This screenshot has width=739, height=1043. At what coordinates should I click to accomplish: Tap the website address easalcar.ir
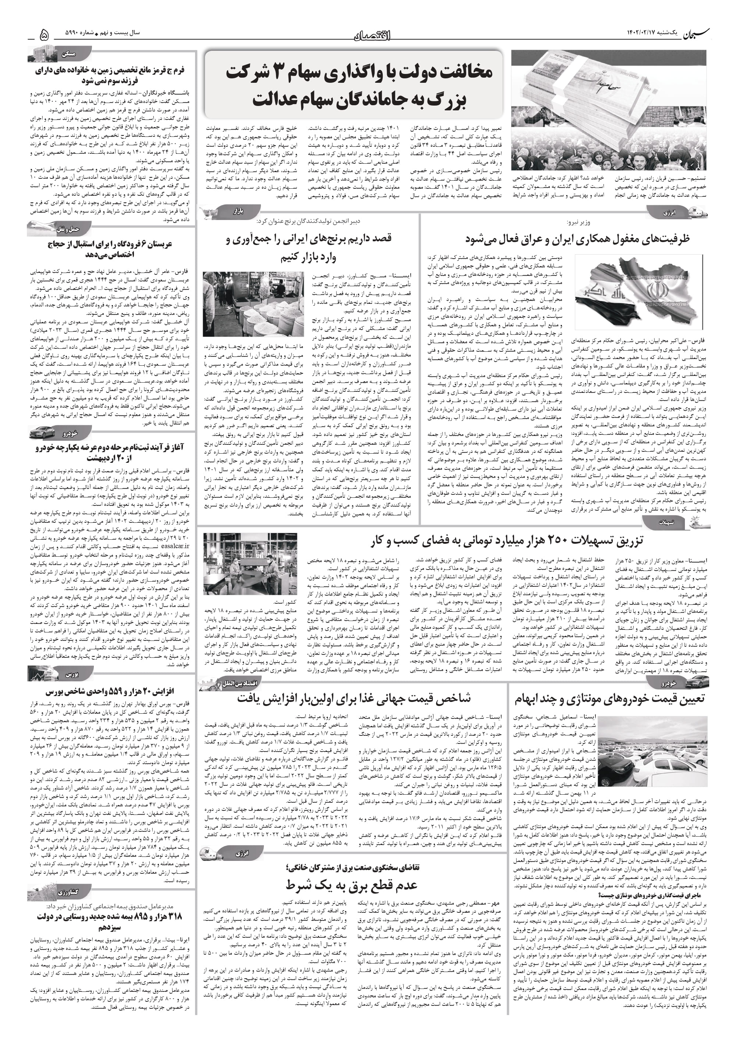[x=175, y=546]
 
